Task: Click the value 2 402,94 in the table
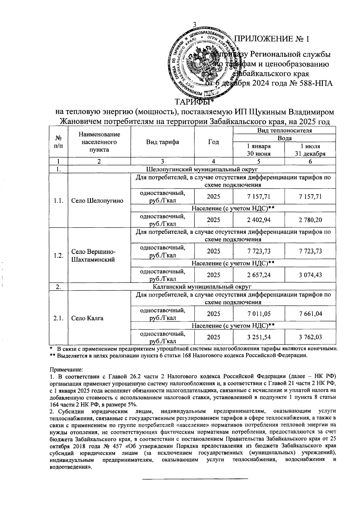tap(258, 220)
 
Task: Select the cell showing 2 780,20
tap(310, 220)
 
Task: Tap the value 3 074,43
tap(310, 275)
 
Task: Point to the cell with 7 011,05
tap(258, 314)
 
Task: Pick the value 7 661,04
tap(310, 314)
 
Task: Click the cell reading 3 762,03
tap(310, 337)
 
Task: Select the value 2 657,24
tap(258, 275)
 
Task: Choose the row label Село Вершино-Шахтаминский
tap(93, 256)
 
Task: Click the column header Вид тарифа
tap(162, 142)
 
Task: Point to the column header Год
tap(213, 142)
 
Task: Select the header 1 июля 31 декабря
tap(310, 150)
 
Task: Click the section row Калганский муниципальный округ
tap(202, 287)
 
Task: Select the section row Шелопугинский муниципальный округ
tap(202, 170)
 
